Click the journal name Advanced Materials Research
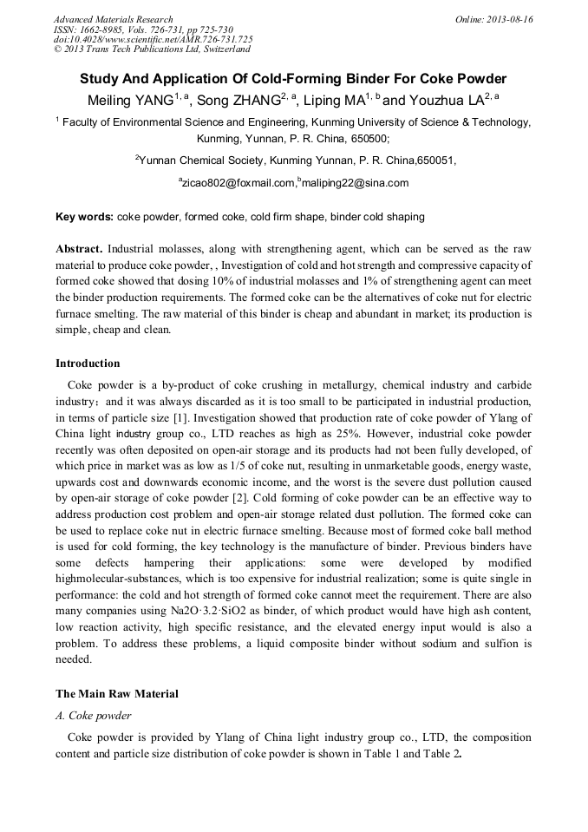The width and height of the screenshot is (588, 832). pyautogui.click(x=113, y=19)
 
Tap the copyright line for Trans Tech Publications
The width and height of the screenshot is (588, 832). pyautogui.click(x=152, y=49)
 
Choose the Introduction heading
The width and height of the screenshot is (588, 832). pyautogui.click(x=88, y=363)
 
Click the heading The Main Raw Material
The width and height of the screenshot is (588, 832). pyautogui.click(x=117, y=693)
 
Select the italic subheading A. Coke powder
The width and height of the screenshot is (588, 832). pyautogui.click(x=94, y=716)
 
